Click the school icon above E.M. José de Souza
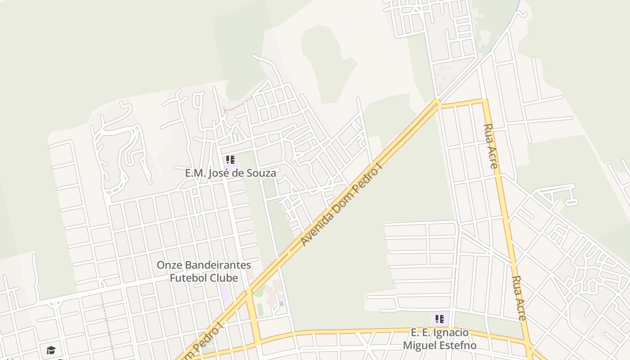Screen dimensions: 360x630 tap(230, 160)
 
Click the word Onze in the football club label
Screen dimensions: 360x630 tap(168, 265)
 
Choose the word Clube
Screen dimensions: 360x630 tap(223, 278)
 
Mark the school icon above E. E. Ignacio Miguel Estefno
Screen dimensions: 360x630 tap(440, 319)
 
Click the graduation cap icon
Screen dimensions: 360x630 tap(51, 350)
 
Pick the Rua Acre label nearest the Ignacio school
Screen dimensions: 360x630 tap(518, 298)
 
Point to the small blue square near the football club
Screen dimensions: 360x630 tap(281, 303)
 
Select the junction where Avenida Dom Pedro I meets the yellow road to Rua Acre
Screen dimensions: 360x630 tap(438, 103)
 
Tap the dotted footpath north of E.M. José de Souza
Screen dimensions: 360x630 tap(234, 108)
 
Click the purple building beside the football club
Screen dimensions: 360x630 tap(224, 293)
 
